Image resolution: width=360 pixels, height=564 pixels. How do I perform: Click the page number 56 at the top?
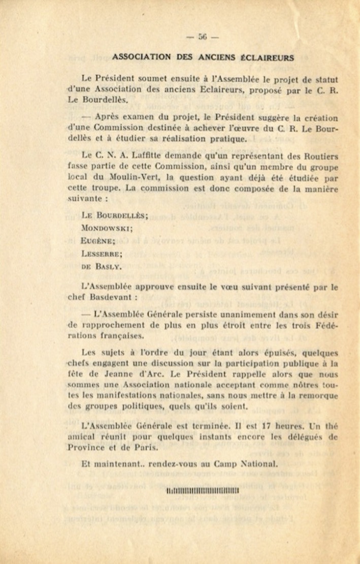[203, 37]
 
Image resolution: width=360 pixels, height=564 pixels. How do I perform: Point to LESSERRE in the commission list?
[102, 254]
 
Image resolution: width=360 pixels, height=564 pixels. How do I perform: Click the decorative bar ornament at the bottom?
[203, 490]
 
